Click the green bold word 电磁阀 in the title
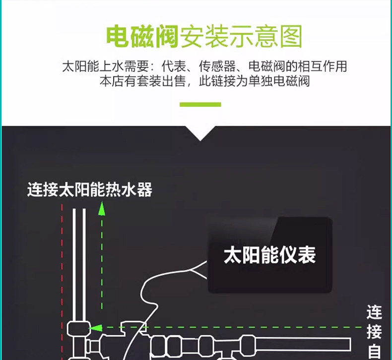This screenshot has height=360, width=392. click(x=142, y=38)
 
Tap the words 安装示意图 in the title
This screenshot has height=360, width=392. click(x=240, y=38)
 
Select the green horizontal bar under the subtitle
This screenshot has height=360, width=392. click(x=200, y=104)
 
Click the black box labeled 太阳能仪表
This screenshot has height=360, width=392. click(x=269, y=255)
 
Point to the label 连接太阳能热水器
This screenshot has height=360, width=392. click(x=89, y=190)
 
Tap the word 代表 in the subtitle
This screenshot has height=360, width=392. click(x=173, y=66)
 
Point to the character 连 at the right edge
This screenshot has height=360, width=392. click(x=374, y=312)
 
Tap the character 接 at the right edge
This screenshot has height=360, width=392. click(x=374, y=331)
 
